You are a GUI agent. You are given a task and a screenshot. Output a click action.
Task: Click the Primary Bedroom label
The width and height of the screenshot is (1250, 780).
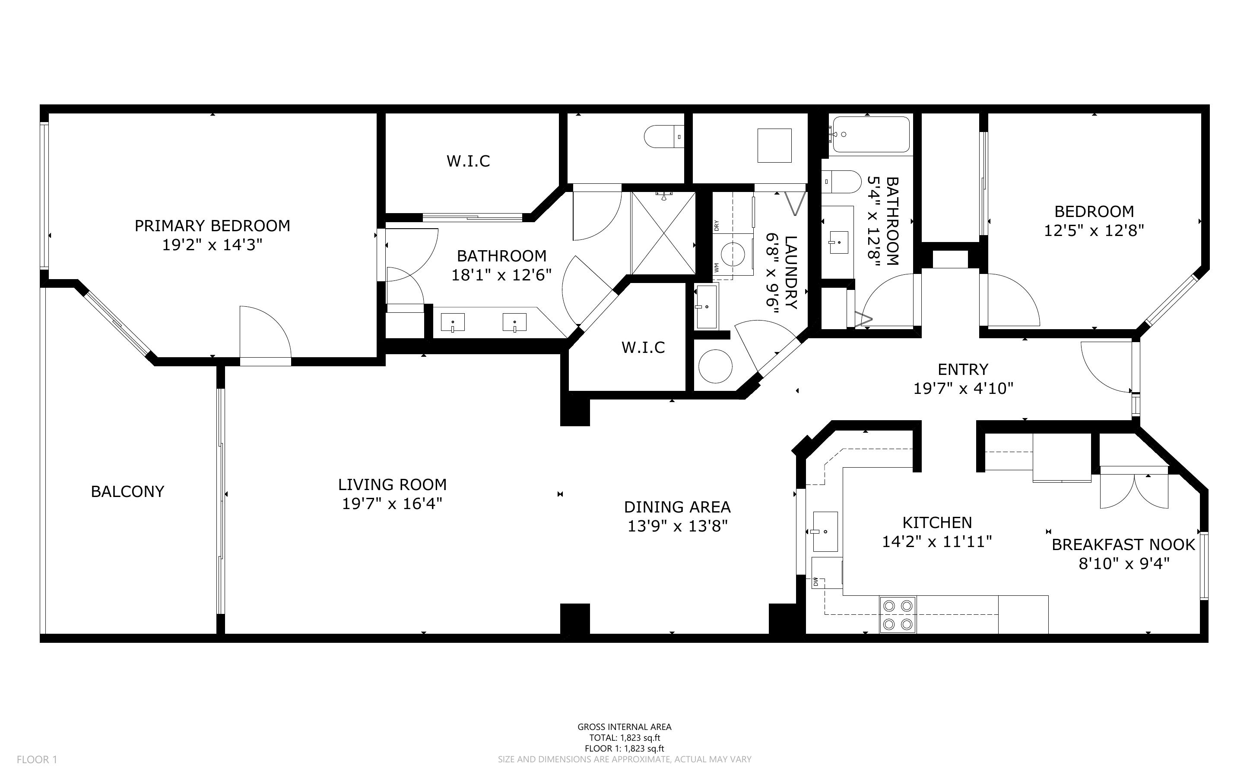coord(212,226)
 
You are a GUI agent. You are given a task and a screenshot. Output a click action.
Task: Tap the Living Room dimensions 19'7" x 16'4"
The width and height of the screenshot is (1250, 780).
coord(392,503)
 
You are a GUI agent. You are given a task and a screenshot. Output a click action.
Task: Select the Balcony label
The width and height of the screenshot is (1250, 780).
coord(127,492)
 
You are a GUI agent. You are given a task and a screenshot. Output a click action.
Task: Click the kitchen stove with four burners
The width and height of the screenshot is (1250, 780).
coord(898,614)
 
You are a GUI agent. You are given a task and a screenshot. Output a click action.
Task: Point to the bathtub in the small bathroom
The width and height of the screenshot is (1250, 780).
coord(871,134)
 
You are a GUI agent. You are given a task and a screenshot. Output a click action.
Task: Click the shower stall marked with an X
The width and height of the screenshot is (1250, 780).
coord(663,233)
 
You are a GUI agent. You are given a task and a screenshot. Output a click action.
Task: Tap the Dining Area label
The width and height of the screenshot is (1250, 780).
coord(677,507)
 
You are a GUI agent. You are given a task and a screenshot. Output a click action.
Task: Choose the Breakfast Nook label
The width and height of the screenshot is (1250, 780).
coord(1123,545)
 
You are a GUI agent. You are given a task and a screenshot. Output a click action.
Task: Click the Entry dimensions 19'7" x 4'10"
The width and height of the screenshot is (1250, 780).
coord(964,388)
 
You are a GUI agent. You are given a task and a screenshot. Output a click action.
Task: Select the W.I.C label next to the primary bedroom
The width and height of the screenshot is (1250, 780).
coord(468,161)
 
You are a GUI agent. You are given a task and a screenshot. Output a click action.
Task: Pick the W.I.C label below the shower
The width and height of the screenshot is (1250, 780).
coord(643,348)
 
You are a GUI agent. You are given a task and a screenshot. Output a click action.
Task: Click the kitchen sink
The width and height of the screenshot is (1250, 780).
coord(825,532)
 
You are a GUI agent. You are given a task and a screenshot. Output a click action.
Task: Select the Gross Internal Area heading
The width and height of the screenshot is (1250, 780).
coord(624,727)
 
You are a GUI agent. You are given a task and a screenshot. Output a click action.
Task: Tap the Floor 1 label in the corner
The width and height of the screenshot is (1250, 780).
coord(37,759)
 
